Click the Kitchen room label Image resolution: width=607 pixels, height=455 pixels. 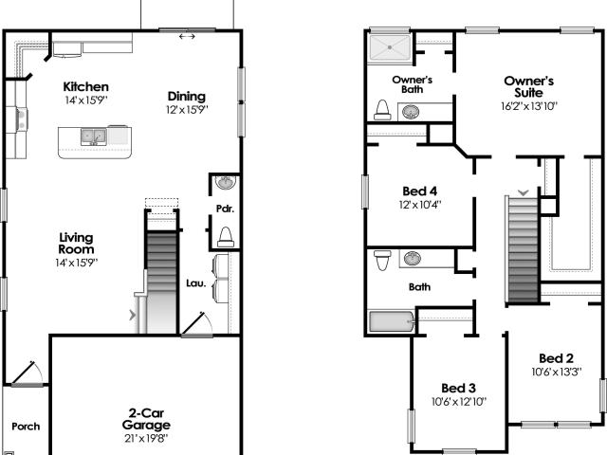pos(85,86)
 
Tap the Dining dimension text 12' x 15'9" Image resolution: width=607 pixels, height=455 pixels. pos(187,110)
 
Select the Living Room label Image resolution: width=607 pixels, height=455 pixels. pos(76,244)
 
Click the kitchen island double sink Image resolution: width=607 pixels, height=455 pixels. pos(93,136)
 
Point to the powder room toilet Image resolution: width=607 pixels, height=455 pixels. pos(226,237)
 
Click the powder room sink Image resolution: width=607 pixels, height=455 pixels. pos(226,182)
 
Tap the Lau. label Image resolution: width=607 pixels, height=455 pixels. pos(196,283)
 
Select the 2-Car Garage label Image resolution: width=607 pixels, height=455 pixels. pos(146,419)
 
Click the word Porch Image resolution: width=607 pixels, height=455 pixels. pos(26,427)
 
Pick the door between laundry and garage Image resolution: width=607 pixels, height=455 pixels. pos(196,324)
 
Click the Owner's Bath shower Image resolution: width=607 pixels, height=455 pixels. pos(390,47)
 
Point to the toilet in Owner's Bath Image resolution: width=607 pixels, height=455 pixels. pos(382,110)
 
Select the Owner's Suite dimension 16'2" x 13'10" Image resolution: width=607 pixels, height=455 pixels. pos(529,106)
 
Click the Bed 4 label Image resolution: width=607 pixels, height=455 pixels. pos(419,191)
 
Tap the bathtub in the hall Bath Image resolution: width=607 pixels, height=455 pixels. pos(392,322)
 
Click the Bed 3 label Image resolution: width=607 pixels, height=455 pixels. pos(458,388)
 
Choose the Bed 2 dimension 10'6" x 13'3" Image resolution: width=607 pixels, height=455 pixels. pos(557,372)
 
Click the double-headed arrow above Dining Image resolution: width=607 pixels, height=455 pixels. pos(187,36)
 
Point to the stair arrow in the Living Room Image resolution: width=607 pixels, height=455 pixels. pos(133,315)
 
